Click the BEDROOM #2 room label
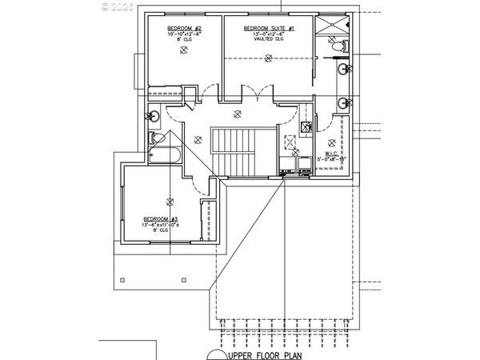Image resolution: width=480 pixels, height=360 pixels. tap(185, 26)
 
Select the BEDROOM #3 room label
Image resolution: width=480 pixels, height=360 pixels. tap(161, 219)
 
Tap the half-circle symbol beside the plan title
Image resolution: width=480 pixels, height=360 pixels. tap(216, 354)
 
